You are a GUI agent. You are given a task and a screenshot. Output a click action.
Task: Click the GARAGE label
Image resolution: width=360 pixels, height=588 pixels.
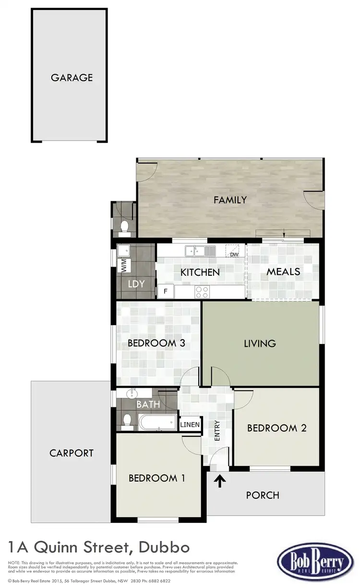pos(72,77)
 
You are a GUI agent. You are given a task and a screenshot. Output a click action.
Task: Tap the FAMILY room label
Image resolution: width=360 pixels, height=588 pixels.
pos(230,200)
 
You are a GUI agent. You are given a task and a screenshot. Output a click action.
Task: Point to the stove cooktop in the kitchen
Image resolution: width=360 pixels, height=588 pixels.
pos(201,291)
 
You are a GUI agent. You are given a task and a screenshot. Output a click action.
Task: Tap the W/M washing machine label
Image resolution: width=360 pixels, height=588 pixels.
pos(123,265)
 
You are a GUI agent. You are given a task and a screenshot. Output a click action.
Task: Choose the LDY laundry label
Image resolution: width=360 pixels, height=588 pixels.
pos(136,284)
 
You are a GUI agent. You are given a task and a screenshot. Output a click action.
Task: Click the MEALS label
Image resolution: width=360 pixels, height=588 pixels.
pos(283,271)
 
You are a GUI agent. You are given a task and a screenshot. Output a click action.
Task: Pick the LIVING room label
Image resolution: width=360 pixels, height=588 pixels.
pos(260,343)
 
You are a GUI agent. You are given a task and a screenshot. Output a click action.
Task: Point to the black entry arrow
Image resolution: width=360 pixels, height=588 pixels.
pos(220,480)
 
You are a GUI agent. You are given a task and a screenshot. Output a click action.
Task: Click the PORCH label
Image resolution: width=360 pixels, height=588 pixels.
pos(263,495)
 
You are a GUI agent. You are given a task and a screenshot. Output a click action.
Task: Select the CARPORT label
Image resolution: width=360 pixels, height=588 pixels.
pos(72,453)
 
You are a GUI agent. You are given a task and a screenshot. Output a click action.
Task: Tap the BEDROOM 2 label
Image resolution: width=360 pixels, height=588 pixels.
pos(276,428)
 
